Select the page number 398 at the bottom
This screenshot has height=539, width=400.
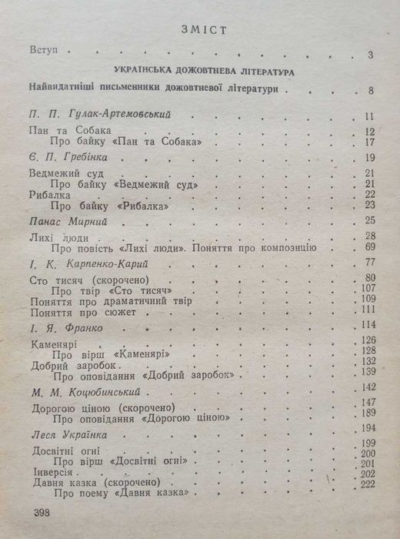pyautogui.click(x=39, y=513)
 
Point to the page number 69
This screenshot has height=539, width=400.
pyautogui.click(x=368, y=247)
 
